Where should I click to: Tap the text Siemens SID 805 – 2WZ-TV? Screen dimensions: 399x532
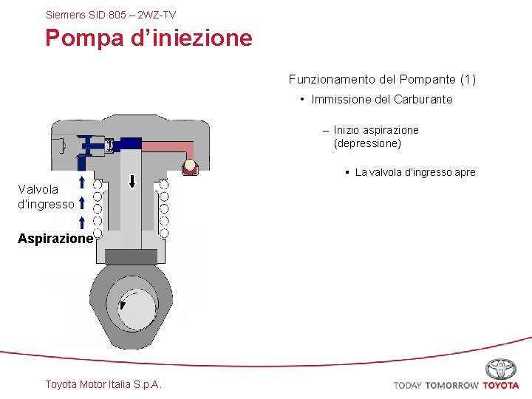tap(111, 14)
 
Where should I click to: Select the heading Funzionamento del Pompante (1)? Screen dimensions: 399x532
tap(382, 79)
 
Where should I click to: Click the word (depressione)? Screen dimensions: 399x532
tap(367, 143)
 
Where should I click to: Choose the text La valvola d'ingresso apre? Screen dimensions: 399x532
tap(415, 172)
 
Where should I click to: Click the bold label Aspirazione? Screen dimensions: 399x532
tap(56, 239)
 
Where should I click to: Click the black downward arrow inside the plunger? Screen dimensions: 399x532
tap(132, 181)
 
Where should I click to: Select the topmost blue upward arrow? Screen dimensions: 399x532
tap(81, 182)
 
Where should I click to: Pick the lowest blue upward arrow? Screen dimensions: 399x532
tap(81, 222)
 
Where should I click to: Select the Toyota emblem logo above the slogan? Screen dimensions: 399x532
tap(500, 369)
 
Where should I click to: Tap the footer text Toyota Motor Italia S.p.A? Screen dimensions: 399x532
tap(103, 383)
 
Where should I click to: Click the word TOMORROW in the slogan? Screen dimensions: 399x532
tap(451, 385)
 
